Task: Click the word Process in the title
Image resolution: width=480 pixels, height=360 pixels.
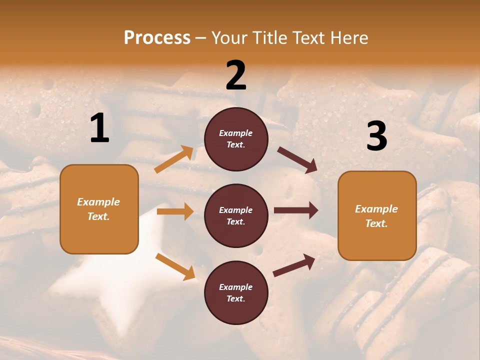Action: pos(157,38)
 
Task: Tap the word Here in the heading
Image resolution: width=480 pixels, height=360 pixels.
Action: pos(348,38)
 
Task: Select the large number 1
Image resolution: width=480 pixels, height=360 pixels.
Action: pos(99,128)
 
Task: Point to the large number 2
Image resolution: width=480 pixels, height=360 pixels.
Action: pos(236,75)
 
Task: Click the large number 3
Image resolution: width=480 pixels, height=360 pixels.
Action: pos(376,136)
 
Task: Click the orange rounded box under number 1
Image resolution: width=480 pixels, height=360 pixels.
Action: pos(99,209)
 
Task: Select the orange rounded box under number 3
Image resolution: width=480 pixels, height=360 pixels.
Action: pos(377,215)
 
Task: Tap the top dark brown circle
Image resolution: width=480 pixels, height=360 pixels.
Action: pos(236,139)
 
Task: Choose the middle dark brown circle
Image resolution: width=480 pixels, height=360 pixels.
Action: pos(236,215)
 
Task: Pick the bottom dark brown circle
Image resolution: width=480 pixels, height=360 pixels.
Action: pos(236,292)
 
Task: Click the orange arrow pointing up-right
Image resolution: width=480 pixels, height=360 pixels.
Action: pos(174,159)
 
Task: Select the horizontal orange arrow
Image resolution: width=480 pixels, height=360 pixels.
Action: pos(175,211)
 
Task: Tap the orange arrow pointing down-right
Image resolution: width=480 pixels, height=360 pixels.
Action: pos(175,266)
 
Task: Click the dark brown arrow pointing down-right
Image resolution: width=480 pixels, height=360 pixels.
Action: pos(297,160)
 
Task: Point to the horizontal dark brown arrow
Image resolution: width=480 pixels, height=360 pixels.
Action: pos(296,210)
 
